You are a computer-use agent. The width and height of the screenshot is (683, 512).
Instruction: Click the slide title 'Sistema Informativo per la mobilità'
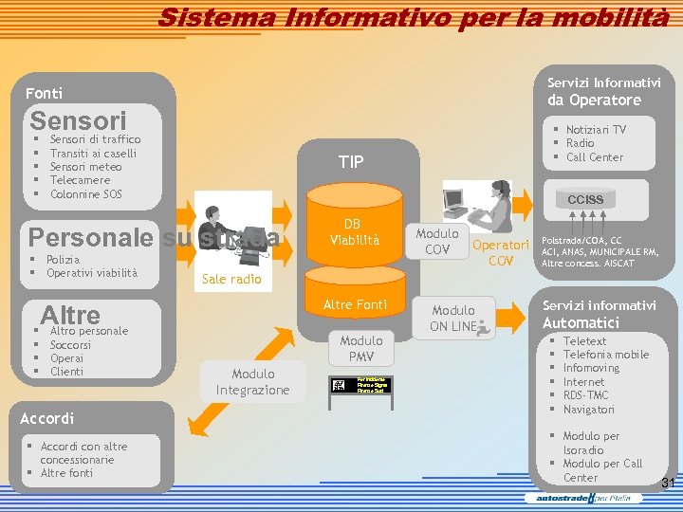(414, 17)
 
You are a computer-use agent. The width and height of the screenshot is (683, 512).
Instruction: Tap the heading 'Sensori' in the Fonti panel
(78, 121)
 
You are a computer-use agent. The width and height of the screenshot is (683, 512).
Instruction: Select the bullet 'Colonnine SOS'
(86, 194)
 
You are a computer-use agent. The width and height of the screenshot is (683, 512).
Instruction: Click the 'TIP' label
(351, 162)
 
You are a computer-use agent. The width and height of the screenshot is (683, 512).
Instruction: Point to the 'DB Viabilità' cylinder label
(352, 232)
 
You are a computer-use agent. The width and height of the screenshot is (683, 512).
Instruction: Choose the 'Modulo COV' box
(437, 241)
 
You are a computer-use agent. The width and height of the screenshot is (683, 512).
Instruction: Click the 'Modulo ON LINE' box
(453, 319)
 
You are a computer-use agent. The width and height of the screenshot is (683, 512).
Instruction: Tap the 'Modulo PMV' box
(361, 349)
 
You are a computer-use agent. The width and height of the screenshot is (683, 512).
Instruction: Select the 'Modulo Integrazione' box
(252, 381)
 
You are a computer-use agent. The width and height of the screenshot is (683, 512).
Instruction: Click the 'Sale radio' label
(231, 280)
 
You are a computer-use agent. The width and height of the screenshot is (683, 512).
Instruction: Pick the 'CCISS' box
(585, 200)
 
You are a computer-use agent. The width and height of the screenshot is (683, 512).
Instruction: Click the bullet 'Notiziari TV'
(596, 130)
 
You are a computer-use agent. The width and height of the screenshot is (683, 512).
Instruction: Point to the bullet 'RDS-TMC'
(585, 395)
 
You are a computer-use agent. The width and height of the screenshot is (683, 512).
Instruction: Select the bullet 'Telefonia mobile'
(606, 355)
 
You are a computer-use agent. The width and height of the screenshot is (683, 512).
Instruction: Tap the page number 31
(668, 484)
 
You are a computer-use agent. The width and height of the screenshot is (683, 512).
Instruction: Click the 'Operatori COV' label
(500, 252)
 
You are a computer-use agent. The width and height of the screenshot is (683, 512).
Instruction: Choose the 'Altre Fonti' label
(351, 305)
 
